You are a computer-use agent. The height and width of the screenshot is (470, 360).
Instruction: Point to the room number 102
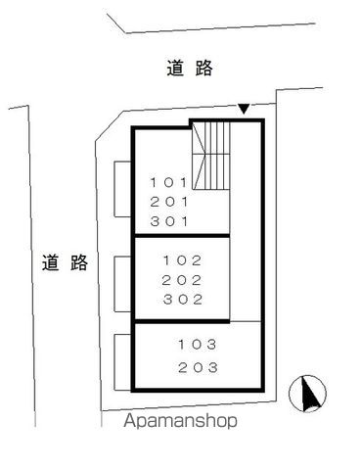coord(184,261)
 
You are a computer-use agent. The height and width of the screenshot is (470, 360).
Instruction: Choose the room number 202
coord(184,281)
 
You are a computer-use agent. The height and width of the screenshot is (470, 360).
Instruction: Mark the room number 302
coord(184,300)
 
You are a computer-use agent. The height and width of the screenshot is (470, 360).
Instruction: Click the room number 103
coord(199,345)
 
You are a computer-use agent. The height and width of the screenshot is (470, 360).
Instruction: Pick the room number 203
coord(199,368)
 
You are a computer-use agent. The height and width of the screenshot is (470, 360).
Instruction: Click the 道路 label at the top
coord(190,69)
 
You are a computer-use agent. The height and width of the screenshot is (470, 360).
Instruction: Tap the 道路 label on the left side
coord(66,262)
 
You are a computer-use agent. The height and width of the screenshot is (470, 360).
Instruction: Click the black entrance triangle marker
coord(244,107)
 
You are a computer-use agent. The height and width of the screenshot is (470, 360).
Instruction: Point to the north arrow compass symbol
coord(310,394)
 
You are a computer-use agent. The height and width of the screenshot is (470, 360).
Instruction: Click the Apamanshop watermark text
coord(181,423)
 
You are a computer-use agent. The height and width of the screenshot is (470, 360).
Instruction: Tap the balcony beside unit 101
coord(123,189)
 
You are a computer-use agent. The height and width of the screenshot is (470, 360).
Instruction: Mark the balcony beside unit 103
coord(123,360)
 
